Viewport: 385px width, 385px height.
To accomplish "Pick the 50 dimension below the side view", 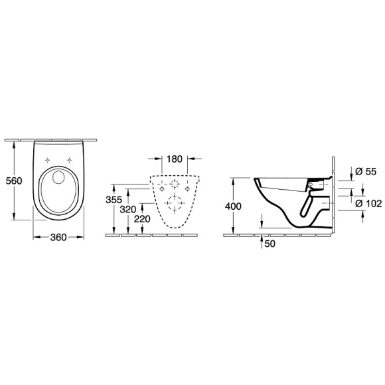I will point(269,244).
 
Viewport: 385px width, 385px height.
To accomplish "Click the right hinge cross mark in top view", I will point(70,159).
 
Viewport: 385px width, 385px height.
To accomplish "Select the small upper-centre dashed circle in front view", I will point(175,184).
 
